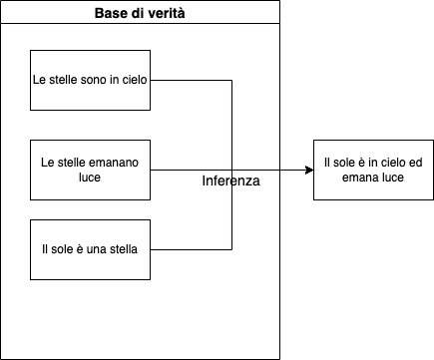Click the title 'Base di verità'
pos(138,13)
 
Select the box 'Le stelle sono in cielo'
pos(90,79)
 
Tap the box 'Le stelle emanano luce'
pos(90,169)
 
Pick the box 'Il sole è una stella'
pos(90,248)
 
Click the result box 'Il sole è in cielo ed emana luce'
pos(371,169)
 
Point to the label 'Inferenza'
pos(231,182)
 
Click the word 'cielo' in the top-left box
pos(133,79)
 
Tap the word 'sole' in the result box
pos(342,162)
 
